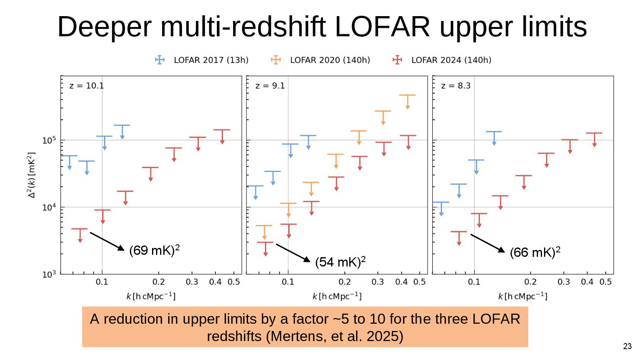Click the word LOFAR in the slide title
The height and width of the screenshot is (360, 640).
pyautogui.click(x=382, y=27)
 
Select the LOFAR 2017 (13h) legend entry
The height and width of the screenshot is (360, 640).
pyautogui.click(x=202, y=60)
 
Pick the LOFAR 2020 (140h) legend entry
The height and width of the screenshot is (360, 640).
pyautogui.click(x=321, y=60)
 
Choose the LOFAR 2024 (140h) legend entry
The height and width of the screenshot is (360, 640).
pyautogui.click(x=442, y=60)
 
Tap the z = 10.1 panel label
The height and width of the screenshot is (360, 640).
pyautogui.click(x=86, y=86)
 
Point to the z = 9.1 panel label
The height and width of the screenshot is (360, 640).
pyautogui.click(x=270, y=86)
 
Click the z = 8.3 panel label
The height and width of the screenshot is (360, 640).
pyautogui.click(x=456, y=86)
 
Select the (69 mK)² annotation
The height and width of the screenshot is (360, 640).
pyautogui.click(x=154, y=250)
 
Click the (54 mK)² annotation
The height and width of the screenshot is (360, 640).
pyautogui.click(x=340, y=262)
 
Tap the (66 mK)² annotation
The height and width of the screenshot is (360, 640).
pyautogui.click(x=535, y=252)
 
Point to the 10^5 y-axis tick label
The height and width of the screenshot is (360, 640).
pyautogui.click(x=49, y=140)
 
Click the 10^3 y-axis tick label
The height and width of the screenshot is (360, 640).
pyautogui.click(x=49, y=275)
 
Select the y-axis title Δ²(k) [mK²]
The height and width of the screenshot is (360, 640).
pyautogui.click(x=31, y=175)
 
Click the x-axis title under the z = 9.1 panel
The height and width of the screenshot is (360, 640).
pyautogui.click(x=337, y=296)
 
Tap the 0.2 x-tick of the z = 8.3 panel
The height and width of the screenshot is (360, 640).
pyautogui.click(x=530, y=282)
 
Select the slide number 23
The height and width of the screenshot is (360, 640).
pyautogui.click(x=627, y=346)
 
